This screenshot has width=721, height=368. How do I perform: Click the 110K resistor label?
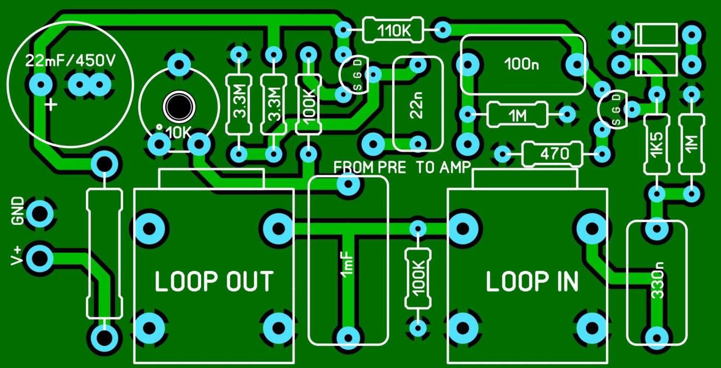393,31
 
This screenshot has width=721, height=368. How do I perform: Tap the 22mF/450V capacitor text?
72,61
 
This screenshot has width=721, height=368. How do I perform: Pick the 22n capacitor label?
417,106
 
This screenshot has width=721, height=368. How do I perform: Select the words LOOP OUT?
214,282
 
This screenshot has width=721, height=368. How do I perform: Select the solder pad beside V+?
40,258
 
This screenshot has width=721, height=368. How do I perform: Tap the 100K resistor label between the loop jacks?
417,278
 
